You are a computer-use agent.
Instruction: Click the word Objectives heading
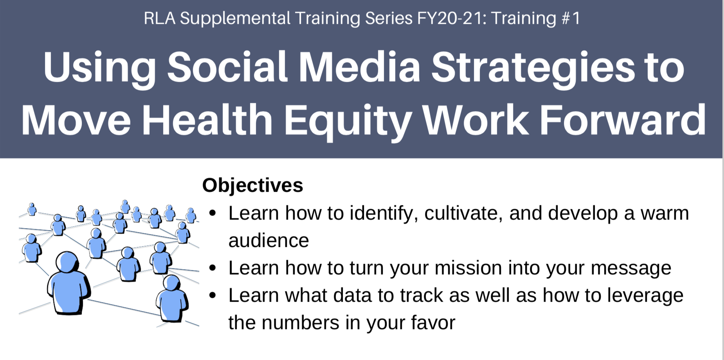pyautogui.click(x=252, y=185)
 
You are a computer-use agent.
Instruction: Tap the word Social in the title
pyautogui.click(x=227, y=67)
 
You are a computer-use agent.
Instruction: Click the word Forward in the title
pyautogui.click(x=623, y=119)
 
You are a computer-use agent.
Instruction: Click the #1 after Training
pyautogui.click(x=571, y=18)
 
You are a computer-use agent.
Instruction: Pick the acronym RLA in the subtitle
pyautogui.click(x=160, y=18)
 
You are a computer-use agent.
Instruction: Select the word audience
pyautogui.click(x=268, y=240)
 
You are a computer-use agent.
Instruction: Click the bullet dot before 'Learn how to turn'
pyautogui.click(x=213, y=268)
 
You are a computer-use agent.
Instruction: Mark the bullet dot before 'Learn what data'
pyautogui.click(x=213, y=295)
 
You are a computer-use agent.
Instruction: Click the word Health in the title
pyautogui.click(x=207, y=119)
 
